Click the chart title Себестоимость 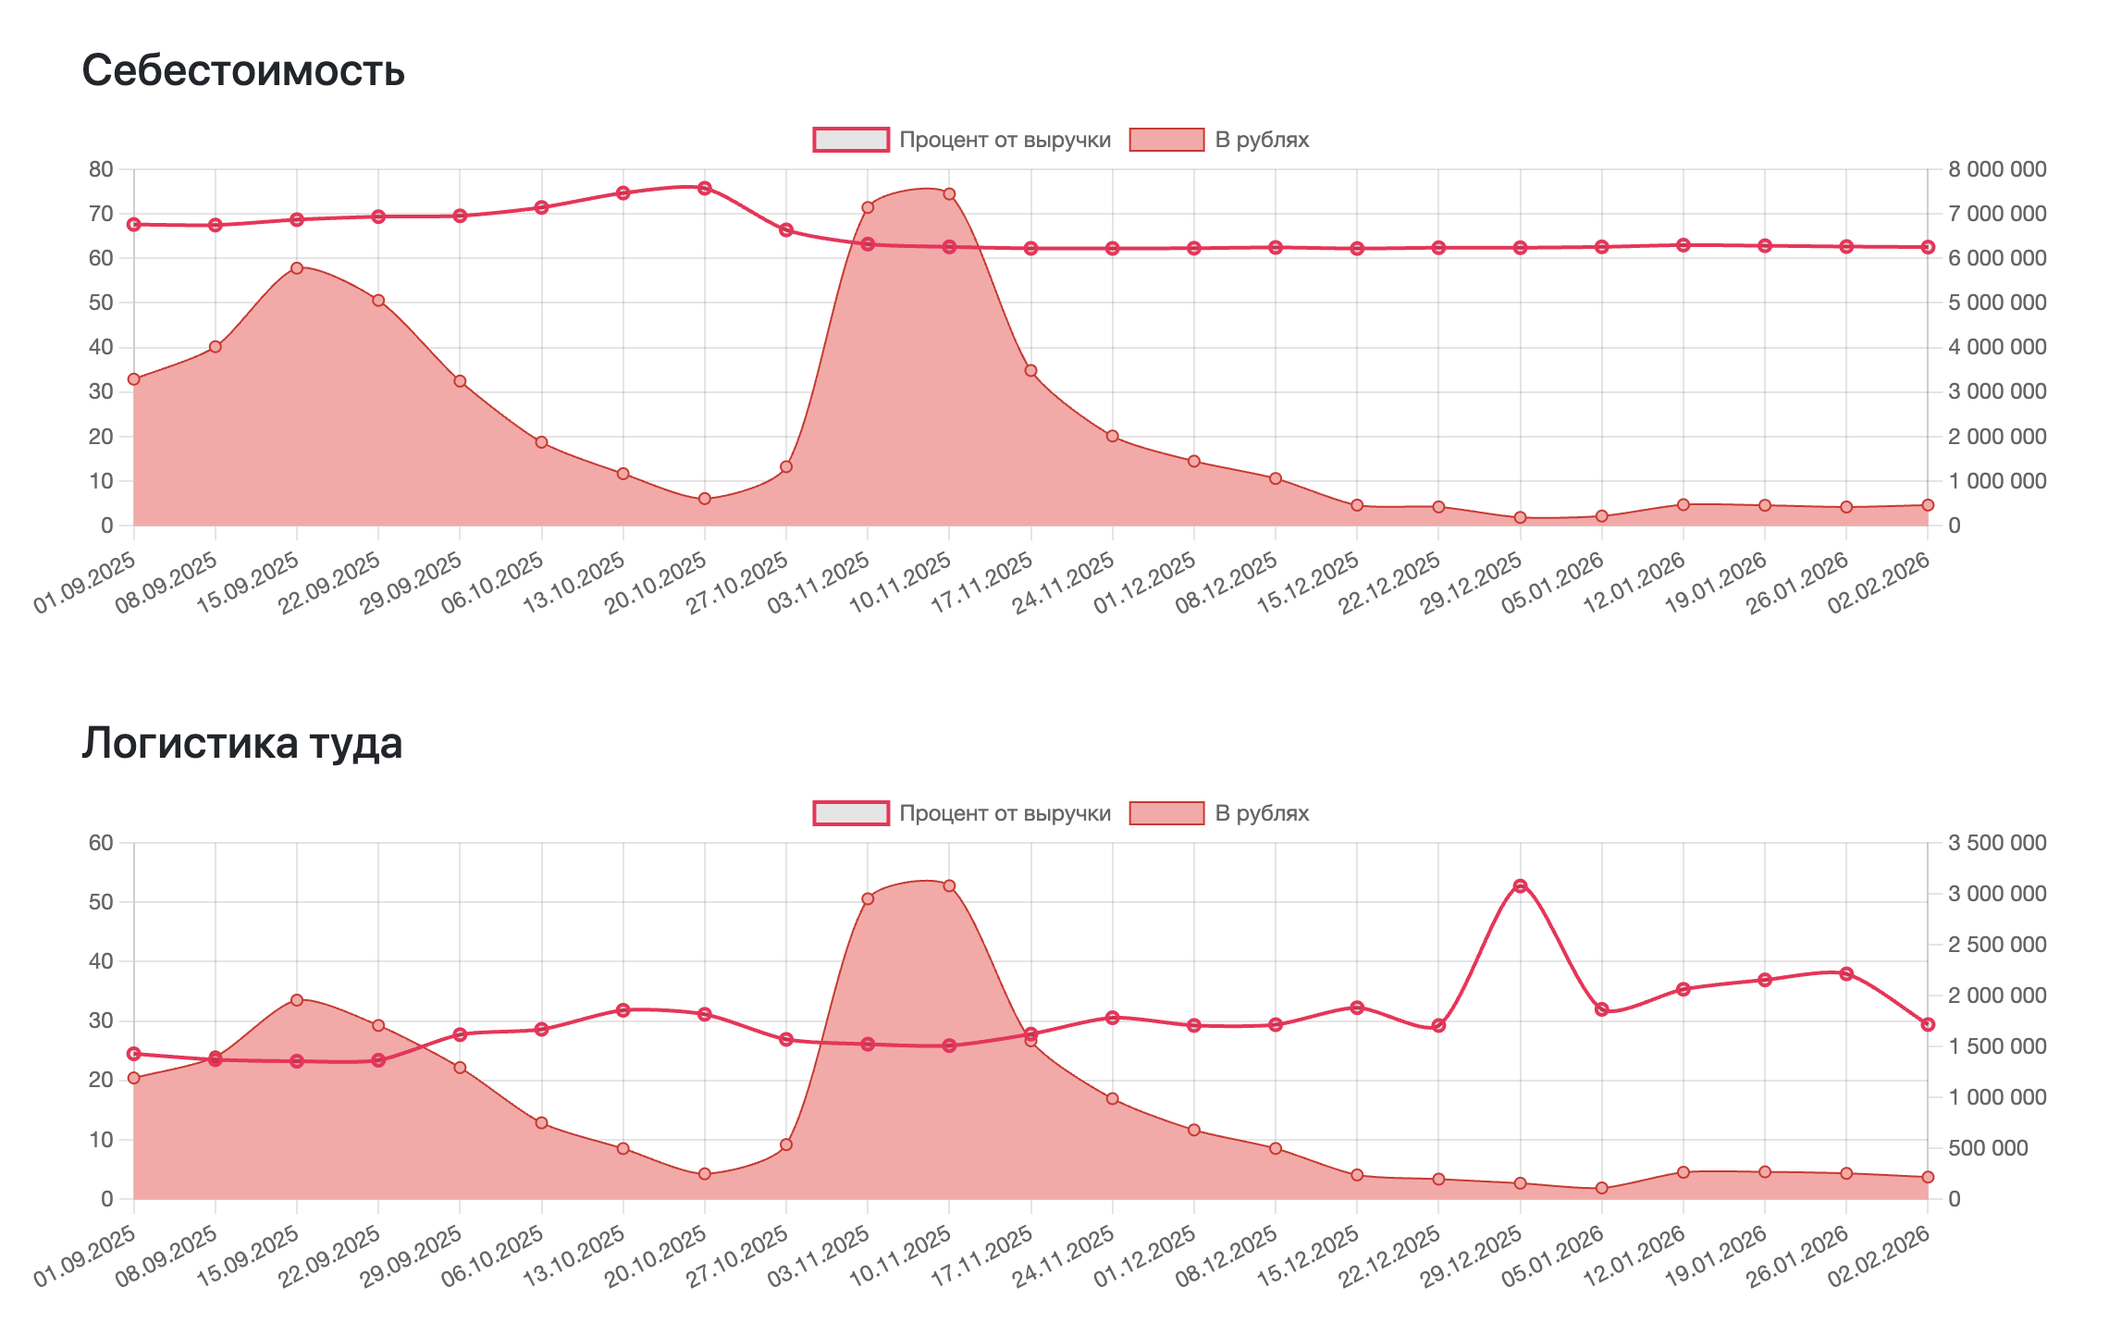[x=243, y=70]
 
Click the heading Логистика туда [x=242, y=744]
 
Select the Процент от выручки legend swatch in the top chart [x=850, y=140]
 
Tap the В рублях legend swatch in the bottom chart [x=1166, y=813]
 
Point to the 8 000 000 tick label [x=1997, y=169]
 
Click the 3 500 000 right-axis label [x=1997, y=843]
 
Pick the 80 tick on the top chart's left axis [x=101, y=169]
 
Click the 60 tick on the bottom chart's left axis [x=101, y=843]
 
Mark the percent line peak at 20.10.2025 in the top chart [x=705, y=188]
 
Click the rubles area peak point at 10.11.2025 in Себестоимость [x=949, y=194]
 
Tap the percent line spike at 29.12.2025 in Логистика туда [x=1520, y=886]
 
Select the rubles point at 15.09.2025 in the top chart [x=297, y=268]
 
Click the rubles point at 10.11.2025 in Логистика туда [x=949, y=886]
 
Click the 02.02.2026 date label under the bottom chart [x=1881, y=1256]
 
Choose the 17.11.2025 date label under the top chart [x=983, y=583]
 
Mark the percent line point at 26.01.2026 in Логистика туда [x=1846, y=973]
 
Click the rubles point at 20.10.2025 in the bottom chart [x=705, y=1174]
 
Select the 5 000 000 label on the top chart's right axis [x=1997, y=303]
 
